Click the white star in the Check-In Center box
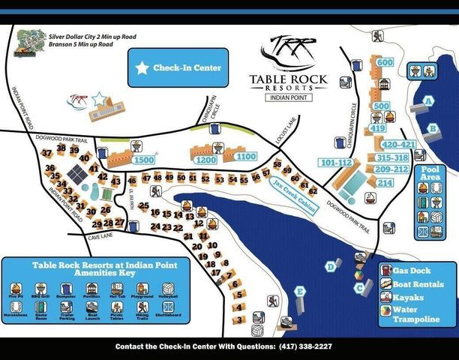142,68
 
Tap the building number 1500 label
143,160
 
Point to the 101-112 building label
335,163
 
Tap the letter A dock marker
429,100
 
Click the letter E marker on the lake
300,291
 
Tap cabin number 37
47,154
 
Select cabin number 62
313,190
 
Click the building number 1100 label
245,157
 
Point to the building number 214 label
385,183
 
